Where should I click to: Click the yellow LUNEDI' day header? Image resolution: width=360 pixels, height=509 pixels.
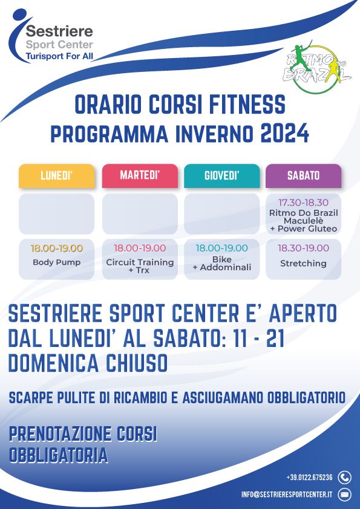[x=56, y=176]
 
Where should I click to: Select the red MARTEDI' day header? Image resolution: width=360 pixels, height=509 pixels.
[x=140, y=176]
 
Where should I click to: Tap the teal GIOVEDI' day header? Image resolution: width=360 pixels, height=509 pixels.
[x=221, y=176]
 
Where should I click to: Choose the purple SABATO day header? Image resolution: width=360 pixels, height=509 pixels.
[x=304, y=176]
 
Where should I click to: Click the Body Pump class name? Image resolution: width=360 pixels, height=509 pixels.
[x=56, y=262]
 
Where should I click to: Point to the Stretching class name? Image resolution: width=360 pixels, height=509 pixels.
[x=304, y=263]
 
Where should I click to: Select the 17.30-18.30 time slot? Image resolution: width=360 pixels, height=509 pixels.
[x=304, y=203]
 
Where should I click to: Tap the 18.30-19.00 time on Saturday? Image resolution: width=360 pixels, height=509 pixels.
[x=304, y=248]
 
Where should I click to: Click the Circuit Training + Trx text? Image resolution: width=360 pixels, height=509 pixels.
[x=140, y=266]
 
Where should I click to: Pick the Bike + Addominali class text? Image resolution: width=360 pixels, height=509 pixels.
[x=221, y=263]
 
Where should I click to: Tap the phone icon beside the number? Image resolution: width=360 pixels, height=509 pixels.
[x=344, y=478]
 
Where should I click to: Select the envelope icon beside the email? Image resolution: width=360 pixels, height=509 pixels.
[x=344, y=494]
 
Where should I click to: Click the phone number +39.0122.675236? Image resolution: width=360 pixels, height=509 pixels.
[x=310, y=478]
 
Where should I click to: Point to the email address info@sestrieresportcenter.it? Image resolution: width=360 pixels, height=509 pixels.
[x=287, y=494]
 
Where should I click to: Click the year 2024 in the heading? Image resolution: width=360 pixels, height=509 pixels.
[x=284, y=133]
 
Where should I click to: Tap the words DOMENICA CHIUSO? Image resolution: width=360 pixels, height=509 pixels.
[x=88, y=363]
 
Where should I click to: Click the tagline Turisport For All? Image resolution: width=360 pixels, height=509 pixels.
[x=59, y=56]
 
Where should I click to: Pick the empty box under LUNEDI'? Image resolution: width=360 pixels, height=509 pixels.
[x=56, y=214]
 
